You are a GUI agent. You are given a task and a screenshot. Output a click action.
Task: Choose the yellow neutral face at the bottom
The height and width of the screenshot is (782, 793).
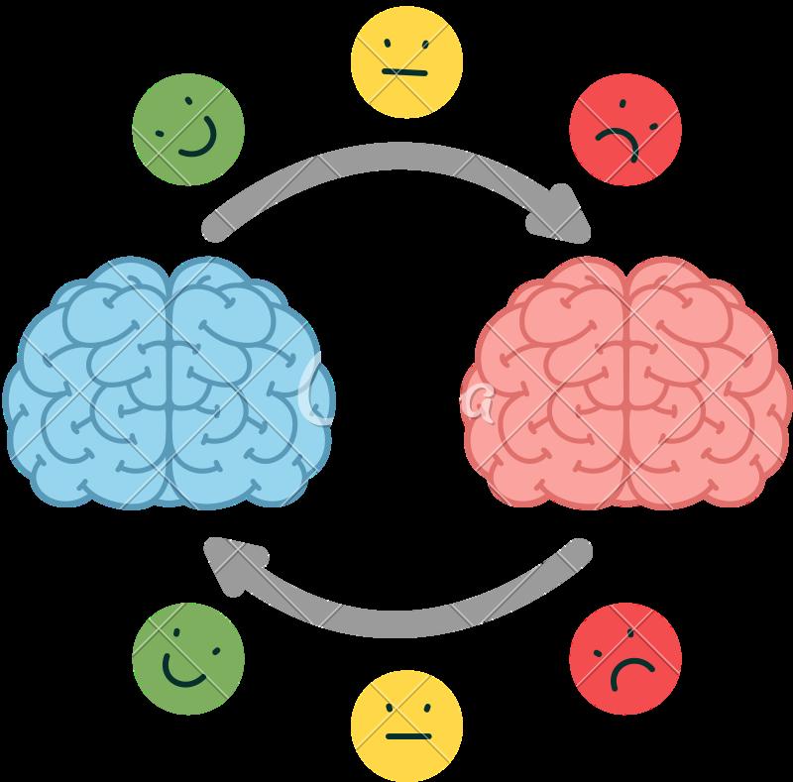407,725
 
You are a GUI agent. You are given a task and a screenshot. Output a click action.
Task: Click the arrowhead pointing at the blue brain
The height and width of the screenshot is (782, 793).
228,565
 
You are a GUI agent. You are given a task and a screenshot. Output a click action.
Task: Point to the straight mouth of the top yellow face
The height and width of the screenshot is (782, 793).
407,72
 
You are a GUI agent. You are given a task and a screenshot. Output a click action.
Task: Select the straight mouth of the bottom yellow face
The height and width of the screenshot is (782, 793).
407,736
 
